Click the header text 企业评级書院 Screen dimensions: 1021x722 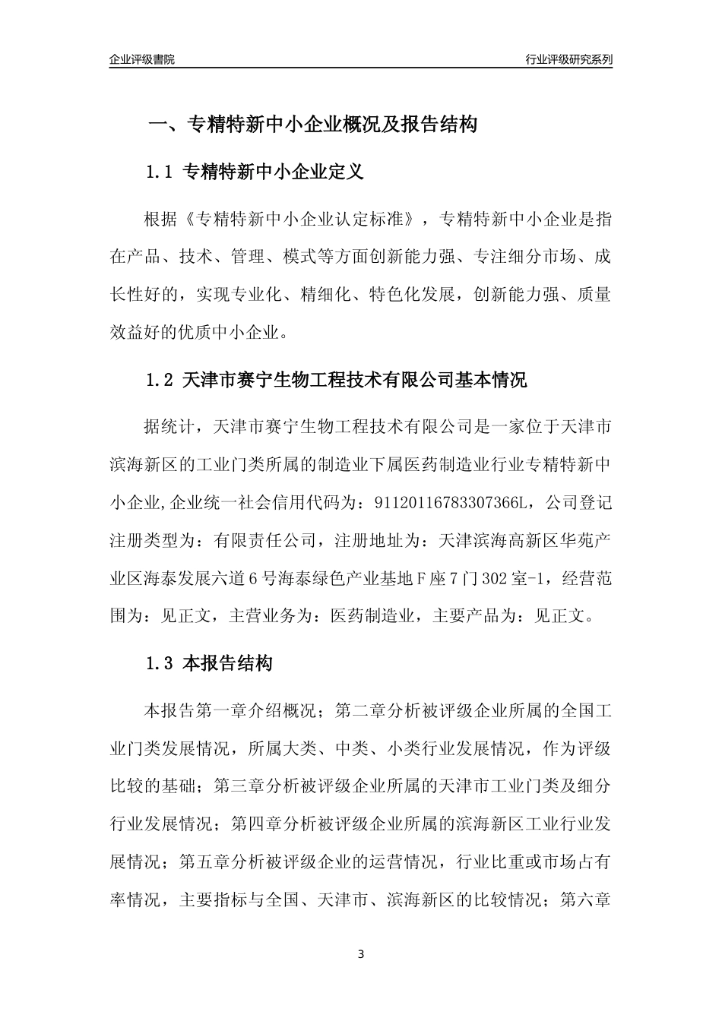141,59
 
